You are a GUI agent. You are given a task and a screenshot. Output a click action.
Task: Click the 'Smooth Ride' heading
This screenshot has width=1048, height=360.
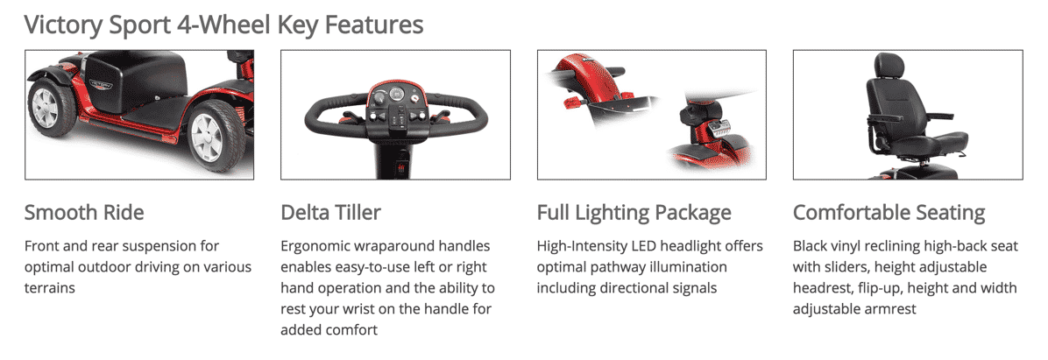click(x=84, y=212)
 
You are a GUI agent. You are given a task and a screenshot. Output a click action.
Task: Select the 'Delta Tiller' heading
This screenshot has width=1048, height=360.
click(x=331, y=212)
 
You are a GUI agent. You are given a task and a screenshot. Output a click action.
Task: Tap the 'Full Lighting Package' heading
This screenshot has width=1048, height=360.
click(x=634, y=213)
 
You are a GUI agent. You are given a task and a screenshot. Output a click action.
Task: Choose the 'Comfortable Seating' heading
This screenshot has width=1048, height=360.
click(x=889, y=213)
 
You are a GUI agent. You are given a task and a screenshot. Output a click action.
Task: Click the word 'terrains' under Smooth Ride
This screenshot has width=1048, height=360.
click(x=50, y=288)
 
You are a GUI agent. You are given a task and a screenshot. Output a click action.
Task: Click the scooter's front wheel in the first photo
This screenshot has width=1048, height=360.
click(x=218, y=137)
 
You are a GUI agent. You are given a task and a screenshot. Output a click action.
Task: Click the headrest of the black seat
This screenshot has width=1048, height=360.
click(x=889, y=66)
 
